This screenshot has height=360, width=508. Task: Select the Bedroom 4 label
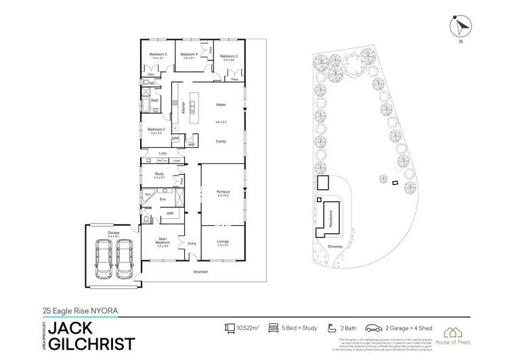[190, 55]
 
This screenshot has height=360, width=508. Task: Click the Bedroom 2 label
[156, 129]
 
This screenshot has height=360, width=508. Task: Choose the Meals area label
[220, 104]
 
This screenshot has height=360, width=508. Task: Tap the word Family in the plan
[220, 141]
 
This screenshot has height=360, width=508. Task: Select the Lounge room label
[223, 241]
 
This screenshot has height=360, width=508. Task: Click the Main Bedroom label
[162, 239]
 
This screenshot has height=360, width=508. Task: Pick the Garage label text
[113, 232]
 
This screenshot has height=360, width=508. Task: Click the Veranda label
[200, 271]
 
